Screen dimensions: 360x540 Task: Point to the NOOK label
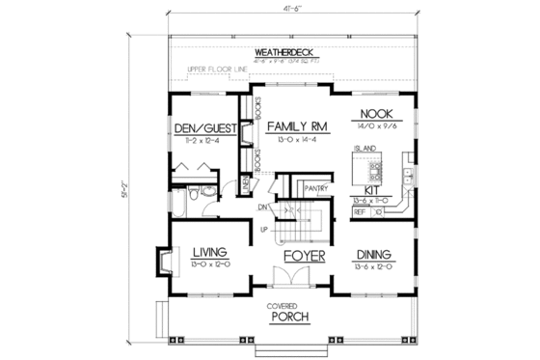374,113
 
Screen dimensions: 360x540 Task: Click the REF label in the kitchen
360,208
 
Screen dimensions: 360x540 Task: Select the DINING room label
371,254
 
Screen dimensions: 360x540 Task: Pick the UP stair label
263,229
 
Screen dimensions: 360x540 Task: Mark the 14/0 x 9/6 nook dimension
374,124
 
